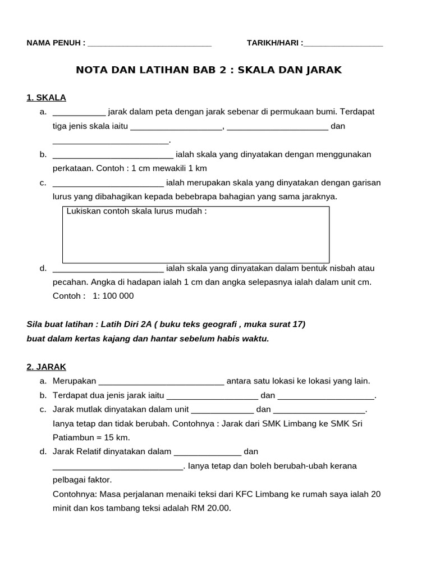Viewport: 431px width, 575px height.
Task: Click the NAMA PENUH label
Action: (56, 43)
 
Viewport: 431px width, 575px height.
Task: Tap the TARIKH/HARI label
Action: (274, 43)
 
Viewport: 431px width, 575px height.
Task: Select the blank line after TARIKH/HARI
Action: (343, 44)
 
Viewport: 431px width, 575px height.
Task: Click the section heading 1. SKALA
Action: (46, 97)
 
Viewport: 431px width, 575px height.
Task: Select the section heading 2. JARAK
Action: (46, 367)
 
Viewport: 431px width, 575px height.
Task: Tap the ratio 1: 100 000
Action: (113, 296)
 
